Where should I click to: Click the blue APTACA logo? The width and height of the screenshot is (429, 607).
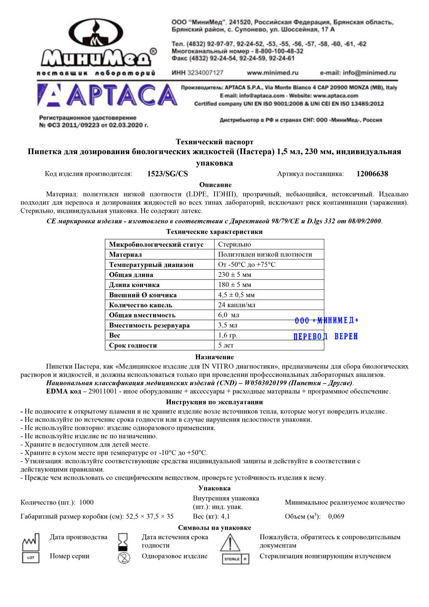point(107,95)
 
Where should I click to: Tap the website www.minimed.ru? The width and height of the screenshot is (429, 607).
point(272,73)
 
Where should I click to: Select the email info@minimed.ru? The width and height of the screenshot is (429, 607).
point(358,73)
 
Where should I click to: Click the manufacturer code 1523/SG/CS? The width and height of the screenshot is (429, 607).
point(167,174)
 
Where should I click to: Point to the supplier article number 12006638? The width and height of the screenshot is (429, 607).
point(372,174)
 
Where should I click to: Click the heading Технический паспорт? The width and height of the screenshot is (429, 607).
point(214,142)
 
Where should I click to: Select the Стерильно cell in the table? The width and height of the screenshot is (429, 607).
point(235,244)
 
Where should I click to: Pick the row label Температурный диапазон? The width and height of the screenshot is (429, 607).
point(151,265)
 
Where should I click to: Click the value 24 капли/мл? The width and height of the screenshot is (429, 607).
point(236,305)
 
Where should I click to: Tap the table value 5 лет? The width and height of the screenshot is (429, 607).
point(226,345)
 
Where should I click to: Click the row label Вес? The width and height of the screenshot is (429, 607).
point(115,335)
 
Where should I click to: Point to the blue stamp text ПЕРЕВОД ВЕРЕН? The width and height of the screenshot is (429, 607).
point(325,337)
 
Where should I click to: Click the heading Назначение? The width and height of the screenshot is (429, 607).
point(214,357)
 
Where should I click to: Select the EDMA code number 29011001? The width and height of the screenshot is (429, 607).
point(103,392)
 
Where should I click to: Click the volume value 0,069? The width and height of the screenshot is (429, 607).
point(336,516)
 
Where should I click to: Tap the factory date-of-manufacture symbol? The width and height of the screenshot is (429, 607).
point(30,542)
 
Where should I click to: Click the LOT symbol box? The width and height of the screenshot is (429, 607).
point(30,558)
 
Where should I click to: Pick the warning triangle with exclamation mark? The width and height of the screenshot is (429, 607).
point(230,543)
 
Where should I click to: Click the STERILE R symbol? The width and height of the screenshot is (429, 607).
point(235,559)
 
